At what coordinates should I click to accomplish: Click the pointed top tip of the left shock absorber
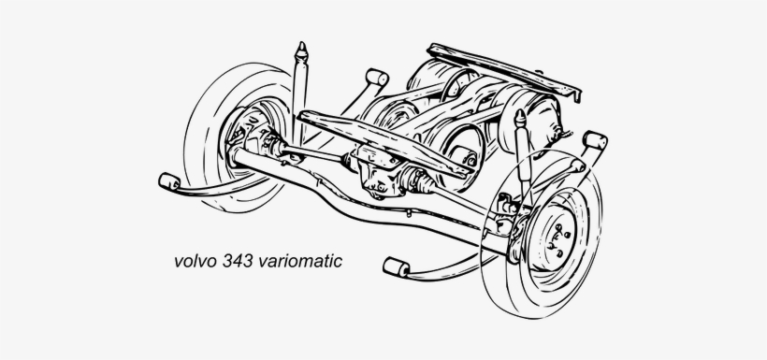[302, 44]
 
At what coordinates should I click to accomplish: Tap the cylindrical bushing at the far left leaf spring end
[169, 181]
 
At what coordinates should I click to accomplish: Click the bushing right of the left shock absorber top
[377, 77]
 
